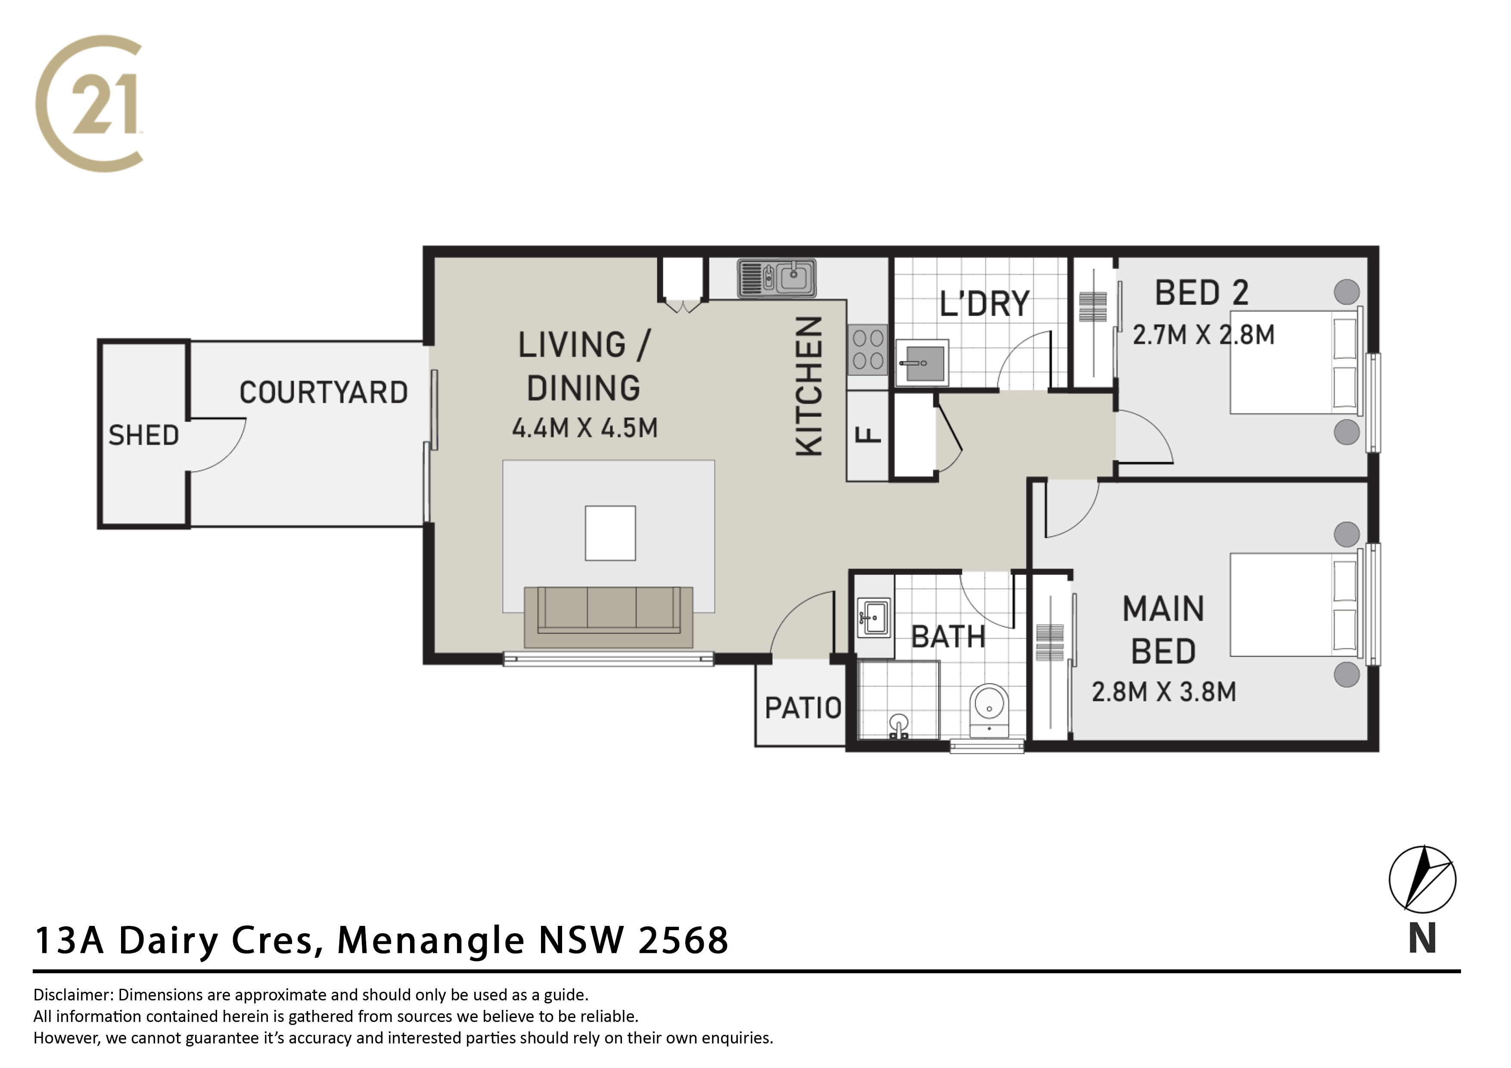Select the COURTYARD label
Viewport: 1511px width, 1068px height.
click(x=323, y=392)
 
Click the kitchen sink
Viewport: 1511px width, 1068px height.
click(x=777, y=278)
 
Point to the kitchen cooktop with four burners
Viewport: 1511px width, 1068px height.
click(x=867, y=349)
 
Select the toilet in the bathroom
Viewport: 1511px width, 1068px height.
click(x=989, y=711)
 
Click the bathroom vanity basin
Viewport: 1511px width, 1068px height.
click(x=874, y=617)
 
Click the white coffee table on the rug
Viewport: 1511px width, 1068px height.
click(x=610, y=533)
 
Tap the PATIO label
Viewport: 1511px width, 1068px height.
click(x=803, y=708)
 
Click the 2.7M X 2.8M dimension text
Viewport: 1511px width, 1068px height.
click(x=1203, y=335)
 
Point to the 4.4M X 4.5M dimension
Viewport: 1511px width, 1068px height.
click(x=585, y=428)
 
